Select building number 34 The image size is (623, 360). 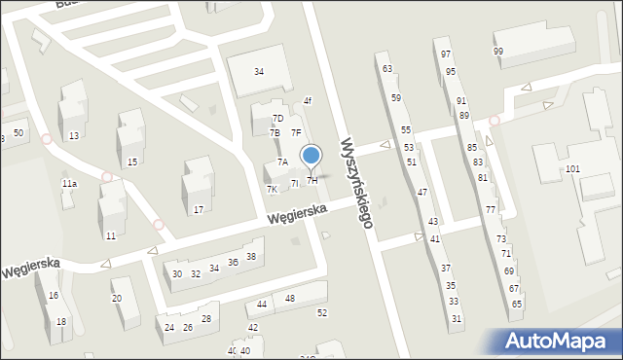click(x=259, y=71)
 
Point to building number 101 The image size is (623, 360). click(x=572, y=169)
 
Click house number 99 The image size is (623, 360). click(x=498, y=51)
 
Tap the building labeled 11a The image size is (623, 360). click(x=69, y=183)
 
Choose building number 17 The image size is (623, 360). click(x=198, y=209)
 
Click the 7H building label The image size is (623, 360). click(x=312, y=180)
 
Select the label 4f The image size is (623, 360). click(x=307, y=100)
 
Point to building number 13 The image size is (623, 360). click(x=74, y=135)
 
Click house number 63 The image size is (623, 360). click(x=387, y=69)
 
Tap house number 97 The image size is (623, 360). click(x=446, y=54)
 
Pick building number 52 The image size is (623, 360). click(x=322, y=312)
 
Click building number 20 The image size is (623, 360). click(x=117, y=299)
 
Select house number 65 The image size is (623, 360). click(x=517, y=305)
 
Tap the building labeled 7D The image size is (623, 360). click(x=277, y=119)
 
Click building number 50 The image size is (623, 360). click(x=18, y=132)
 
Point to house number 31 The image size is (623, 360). click(x=457, y=319)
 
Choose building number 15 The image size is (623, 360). click(x=132, y=162)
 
